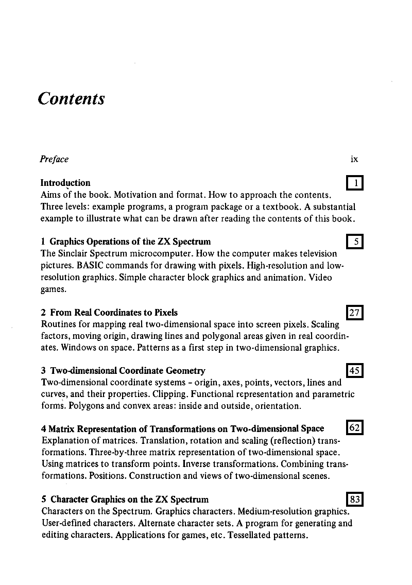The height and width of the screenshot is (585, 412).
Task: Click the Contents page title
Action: pos(71,98)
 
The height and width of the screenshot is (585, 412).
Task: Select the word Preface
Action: pos(54,159)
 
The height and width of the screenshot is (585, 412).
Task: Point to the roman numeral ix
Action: pos(354,159)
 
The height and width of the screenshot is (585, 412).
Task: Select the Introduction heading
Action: pos(65,183)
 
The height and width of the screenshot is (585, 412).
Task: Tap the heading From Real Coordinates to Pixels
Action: pos(114,313)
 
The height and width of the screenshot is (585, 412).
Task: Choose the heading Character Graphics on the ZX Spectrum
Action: pos(129,500)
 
